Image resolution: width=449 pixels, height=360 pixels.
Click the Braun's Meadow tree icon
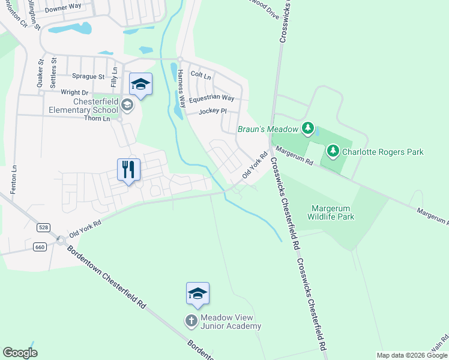point(308,128)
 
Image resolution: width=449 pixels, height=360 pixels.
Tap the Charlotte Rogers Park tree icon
point(334,151)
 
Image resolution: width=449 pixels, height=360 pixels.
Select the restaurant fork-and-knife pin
point(128,169)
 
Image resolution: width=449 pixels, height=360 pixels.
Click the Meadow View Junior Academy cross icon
point(191,321)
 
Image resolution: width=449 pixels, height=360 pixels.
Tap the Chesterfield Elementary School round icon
point(127,106)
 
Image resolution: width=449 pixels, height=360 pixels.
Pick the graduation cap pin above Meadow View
point(197,293)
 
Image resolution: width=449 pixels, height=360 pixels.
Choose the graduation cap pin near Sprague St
point(140,84)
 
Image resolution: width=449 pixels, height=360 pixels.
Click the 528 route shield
point(43,227)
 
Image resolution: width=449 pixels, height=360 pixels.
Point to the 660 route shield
point(40,247)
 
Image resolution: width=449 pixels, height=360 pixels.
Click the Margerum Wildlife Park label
point(333,212)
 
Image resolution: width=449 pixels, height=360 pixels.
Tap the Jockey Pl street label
point(212,111)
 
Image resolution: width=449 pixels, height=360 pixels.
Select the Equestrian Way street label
point(211,98)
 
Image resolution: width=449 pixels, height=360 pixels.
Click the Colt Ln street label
point(200,75)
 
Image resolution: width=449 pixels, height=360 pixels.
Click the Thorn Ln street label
point(98,118)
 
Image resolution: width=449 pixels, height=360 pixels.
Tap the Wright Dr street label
point(75,92)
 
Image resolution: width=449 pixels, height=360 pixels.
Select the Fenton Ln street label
point(13,179)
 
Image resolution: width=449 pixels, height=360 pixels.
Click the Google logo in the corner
point(20,353)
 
